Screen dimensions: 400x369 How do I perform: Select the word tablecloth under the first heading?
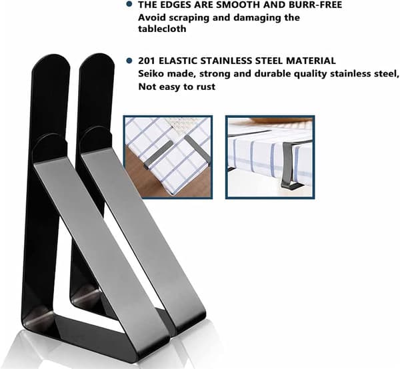(x=162, y=29)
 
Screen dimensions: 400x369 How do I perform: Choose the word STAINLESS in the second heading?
(x=225, y=61)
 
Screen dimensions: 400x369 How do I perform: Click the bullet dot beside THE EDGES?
(x=129, y=4)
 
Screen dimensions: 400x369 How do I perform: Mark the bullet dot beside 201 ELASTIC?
(x=129, y=61)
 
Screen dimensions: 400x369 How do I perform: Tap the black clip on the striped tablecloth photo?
(x=291, y=166)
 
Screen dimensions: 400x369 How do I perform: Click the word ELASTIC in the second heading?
(x=177, y=61)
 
